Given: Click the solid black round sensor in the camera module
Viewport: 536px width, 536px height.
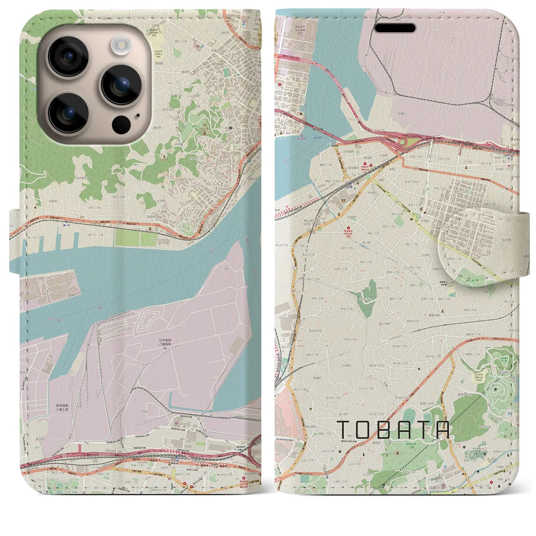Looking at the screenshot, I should point(121,124).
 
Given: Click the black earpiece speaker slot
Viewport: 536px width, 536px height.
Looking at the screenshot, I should point(395,28).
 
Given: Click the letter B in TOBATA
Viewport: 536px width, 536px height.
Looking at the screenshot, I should point(385,430).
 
